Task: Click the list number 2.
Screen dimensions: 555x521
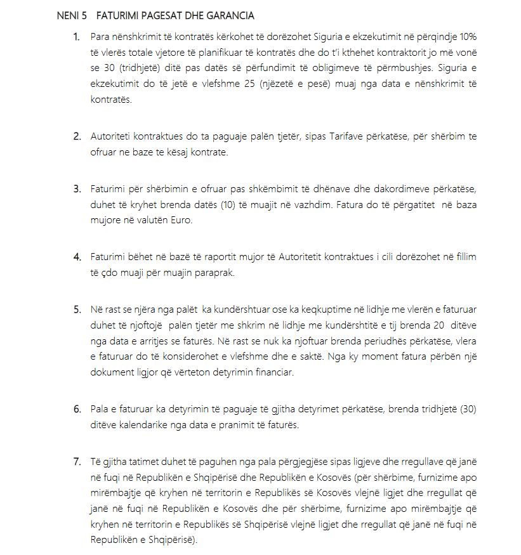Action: pos(77,136)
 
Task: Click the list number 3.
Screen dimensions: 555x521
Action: pos(77,188)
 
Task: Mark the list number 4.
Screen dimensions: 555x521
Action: pos(77,257)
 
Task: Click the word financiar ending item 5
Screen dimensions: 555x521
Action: pos(272,373)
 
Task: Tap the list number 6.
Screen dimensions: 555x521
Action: pos(77,409)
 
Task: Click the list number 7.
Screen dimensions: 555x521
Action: pos(77,460)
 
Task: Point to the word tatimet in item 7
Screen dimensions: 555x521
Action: pos(150,460)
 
